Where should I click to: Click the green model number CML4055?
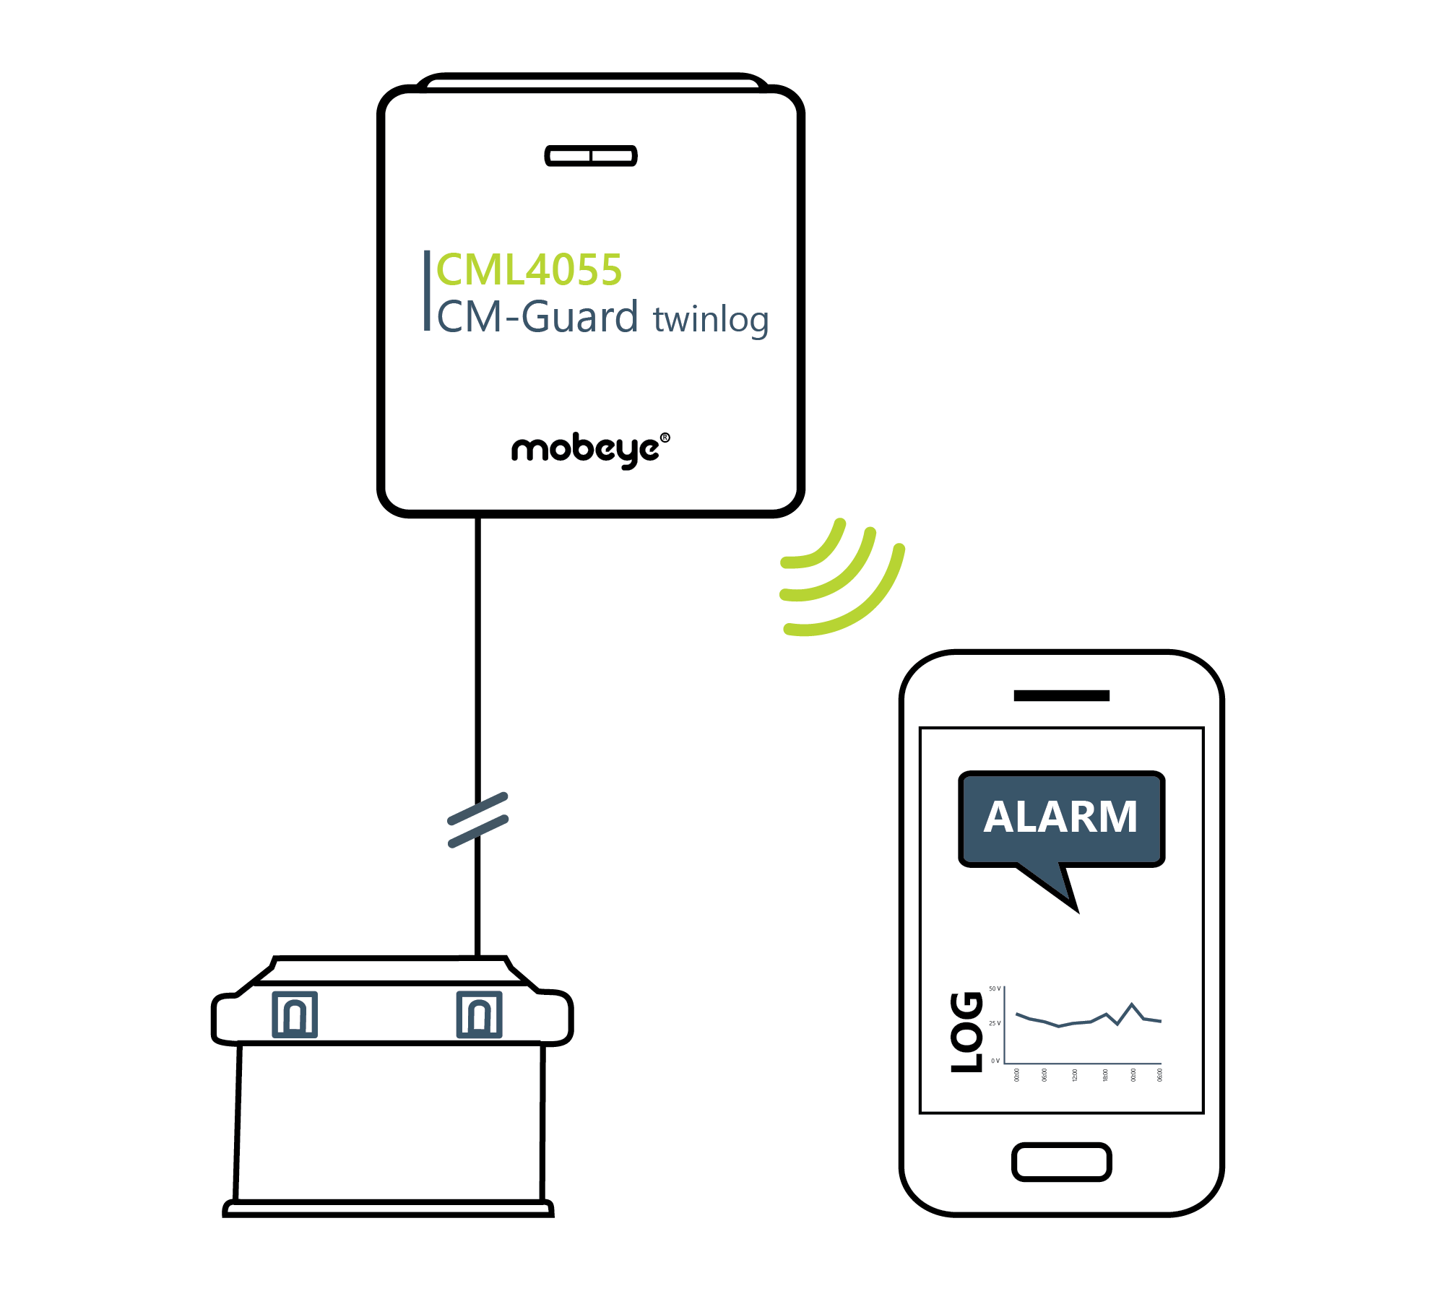529,270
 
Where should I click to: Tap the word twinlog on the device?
711,319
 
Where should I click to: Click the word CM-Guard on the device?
537,318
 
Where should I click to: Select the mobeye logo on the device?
585,450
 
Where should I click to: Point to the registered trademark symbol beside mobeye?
665,438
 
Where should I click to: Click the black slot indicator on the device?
591,155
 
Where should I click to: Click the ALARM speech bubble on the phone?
1060,818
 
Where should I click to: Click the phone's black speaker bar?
1061,695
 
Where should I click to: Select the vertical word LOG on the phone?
966,1032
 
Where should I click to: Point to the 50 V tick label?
995,988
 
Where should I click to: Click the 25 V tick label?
995,1023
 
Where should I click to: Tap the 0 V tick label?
995,1061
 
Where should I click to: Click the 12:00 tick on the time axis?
1075,1075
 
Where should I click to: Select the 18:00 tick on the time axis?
1105,1075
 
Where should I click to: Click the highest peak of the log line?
1132,1004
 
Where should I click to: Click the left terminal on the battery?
295,1014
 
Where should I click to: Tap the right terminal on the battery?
479,1014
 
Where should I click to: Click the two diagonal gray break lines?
478,820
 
